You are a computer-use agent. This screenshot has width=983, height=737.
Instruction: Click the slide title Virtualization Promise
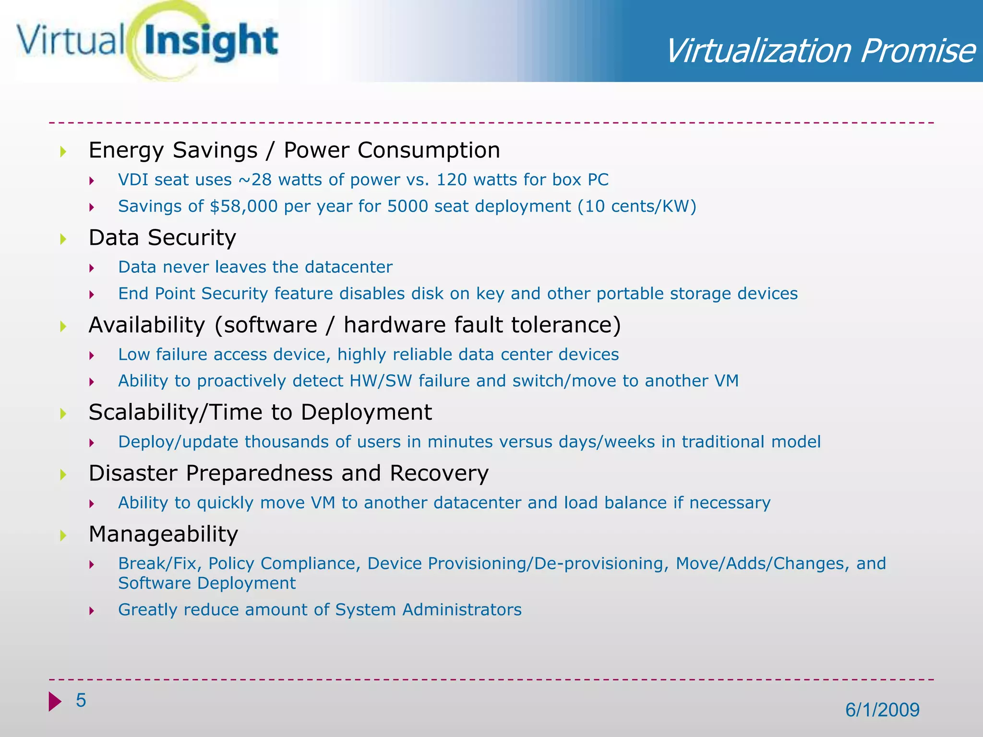point(820,51)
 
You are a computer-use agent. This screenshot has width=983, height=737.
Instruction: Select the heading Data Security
point(162,238)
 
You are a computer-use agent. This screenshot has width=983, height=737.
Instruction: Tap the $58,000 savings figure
point(244,206)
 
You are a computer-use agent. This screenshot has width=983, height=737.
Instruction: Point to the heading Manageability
point(163,534)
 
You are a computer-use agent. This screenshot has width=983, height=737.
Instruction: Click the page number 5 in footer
point(81,701)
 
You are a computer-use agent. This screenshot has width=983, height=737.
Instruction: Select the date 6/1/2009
point(882,710)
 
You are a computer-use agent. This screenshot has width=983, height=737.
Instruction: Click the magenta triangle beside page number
point(55,701)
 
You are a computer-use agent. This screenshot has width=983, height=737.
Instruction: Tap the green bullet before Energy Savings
point(63,152)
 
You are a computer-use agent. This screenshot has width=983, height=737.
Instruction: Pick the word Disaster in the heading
point(133,473)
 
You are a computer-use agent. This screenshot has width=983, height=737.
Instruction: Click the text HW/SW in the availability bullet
point(381,381)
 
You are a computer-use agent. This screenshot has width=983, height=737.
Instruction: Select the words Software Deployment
point(207,583)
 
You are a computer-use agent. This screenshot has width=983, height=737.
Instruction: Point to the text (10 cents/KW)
point(637,206)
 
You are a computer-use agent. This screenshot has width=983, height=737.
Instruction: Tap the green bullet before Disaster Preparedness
point(63,475)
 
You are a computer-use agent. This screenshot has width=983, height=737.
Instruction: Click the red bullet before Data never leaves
point(91,268)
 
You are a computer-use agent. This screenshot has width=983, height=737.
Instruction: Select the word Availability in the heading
point(147,325)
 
